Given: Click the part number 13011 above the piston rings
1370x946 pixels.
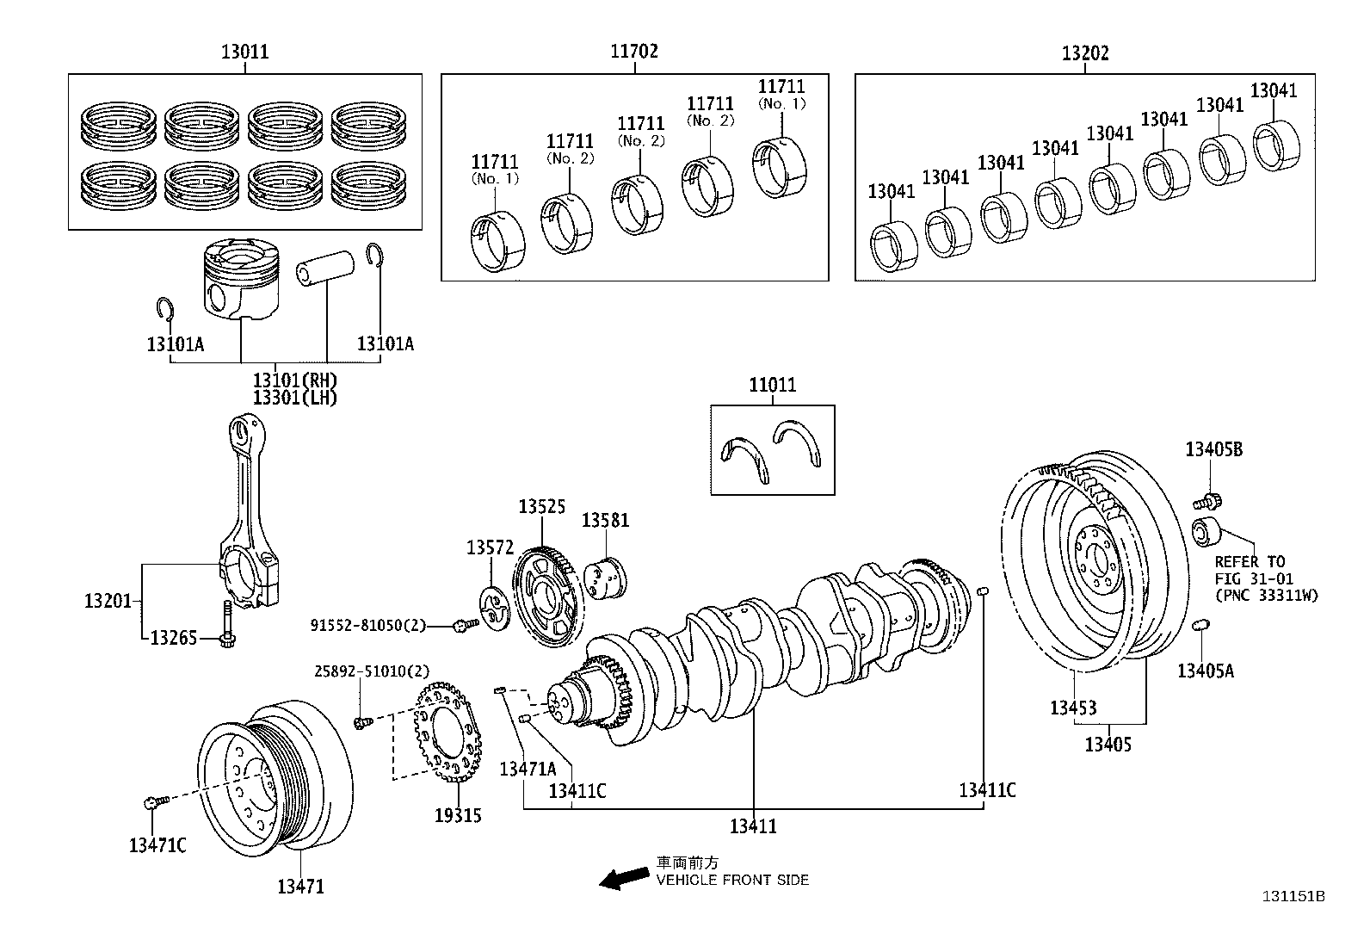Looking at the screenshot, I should click(244, 52).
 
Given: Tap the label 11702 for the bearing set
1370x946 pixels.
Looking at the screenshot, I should click(634, 52).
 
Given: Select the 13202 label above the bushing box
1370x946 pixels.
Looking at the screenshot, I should click(1084, 53).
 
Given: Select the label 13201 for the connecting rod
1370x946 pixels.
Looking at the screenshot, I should click(108, 601).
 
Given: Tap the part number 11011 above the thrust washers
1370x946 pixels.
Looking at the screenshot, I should click(772, 386).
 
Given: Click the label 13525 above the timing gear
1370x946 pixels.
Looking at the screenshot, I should click(541, 506).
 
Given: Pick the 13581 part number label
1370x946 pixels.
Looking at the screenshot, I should click(605, 520).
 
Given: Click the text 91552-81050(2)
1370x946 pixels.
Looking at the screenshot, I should click(368, 625).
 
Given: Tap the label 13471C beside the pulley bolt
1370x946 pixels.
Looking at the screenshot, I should click(157, 845).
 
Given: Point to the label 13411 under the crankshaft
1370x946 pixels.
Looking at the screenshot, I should click(753, 826).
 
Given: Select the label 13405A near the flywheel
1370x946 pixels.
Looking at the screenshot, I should click(1205, 671).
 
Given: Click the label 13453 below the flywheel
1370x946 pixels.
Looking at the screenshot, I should click(1073, 708).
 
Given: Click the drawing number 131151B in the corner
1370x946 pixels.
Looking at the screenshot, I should click(1293, 896).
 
